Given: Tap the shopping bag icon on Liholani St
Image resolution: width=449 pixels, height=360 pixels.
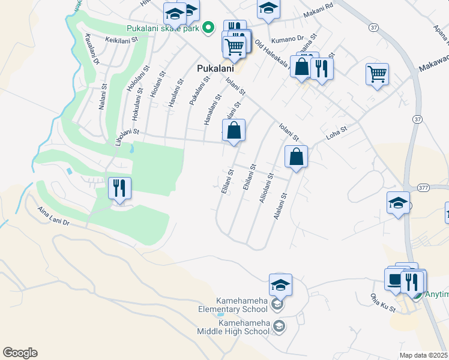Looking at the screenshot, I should click(x=234, y=130).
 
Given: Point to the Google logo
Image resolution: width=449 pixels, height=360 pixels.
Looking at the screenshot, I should click(x=20, y=353).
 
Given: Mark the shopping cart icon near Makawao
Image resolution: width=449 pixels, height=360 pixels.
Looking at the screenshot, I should click(x=377, y=74).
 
